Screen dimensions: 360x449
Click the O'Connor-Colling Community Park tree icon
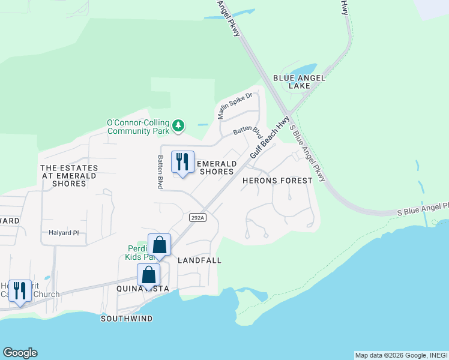[x=178, y=126]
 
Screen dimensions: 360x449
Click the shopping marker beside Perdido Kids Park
[x=159, y=245]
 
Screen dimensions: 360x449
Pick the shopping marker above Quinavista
[x=149, y=275]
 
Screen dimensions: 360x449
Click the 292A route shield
[x=197, y=217]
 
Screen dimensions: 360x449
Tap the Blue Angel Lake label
[x=299, y=82]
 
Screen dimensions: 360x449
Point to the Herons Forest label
[x=277, y=180]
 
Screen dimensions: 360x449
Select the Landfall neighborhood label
[x=200, y=260]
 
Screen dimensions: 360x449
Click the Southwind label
[x=126, y=318]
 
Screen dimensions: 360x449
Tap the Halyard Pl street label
[x=64, y=233]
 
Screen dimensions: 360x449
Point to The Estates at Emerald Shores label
[x=64, y=175]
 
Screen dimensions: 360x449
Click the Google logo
[x=20, y=353]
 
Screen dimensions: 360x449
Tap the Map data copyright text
[x=401, y=355]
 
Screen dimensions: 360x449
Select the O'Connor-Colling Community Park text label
[x=138, y=127]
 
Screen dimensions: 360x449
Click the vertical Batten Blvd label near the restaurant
[x=161, y=172]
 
